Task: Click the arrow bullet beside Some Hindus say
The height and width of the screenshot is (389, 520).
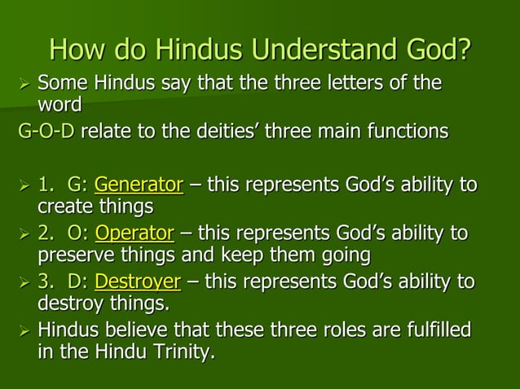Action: [23, 85]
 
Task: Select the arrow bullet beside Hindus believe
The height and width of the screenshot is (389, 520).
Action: [23, 333]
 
